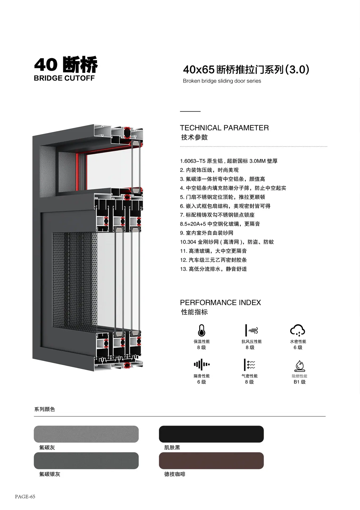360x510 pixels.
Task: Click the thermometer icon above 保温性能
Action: point(202,330)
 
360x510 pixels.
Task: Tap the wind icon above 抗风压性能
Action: point(251,330)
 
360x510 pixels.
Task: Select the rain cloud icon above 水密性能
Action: point(298,330)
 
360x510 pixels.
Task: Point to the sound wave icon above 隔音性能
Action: point(202,364)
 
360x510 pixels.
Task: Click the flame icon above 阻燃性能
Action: point(299,366)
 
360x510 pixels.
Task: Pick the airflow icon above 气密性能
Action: point(249,365)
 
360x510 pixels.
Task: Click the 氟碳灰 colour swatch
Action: point(86,434)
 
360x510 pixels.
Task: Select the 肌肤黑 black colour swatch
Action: point(211,434)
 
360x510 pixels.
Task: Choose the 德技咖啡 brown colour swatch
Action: point(211,461)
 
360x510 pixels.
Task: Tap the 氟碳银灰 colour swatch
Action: point(86,461)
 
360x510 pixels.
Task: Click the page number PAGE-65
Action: point(25,497)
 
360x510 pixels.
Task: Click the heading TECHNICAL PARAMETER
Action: point(224,128)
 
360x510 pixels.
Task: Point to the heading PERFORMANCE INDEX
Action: point(221,303)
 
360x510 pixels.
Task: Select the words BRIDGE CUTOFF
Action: point(64,78)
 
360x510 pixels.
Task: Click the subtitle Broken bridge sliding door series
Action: point(222,81)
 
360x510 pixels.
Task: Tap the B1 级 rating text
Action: point(299,382)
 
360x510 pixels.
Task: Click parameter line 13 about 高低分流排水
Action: point(213,269)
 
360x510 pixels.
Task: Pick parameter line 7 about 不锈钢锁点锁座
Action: point(217,215)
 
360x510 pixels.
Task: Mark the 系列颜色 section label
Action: point(44,409)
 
